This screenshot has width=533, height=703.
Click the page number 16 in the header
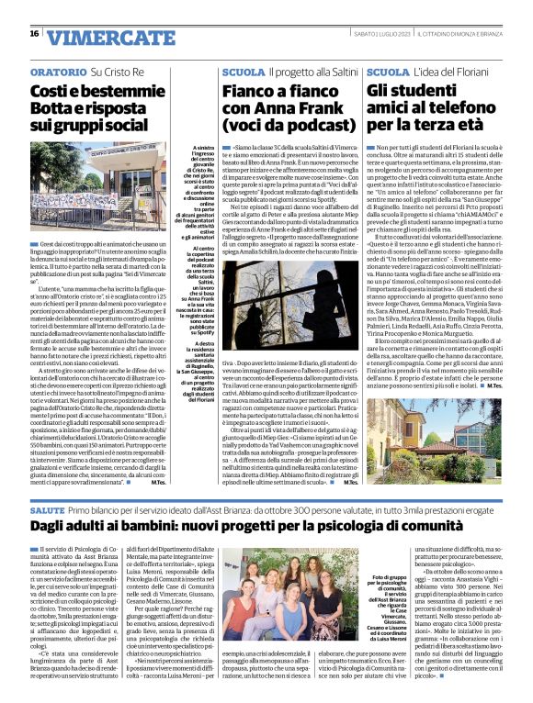point(34,33)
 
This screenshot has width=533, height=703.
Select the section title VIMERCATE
point(96,35)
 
